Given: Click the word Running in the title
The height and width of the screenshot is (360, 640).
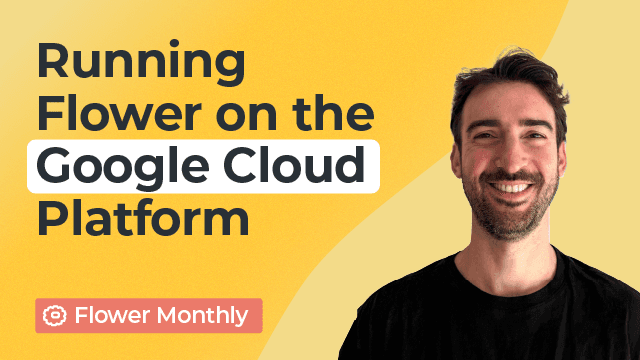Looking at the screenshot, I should coord(141,65).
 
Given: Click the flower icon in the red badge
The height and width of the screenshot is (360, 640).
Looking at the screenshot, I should coord(55,316).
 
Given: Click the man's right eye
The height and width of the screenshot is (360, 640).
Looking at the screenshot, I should coord(485,134).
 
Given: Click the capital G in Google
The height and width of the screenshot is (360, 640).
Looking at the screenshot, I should coord(56,166).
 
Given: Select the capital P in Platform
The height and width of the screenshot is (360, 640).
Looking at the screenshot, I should coord(52,217).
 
